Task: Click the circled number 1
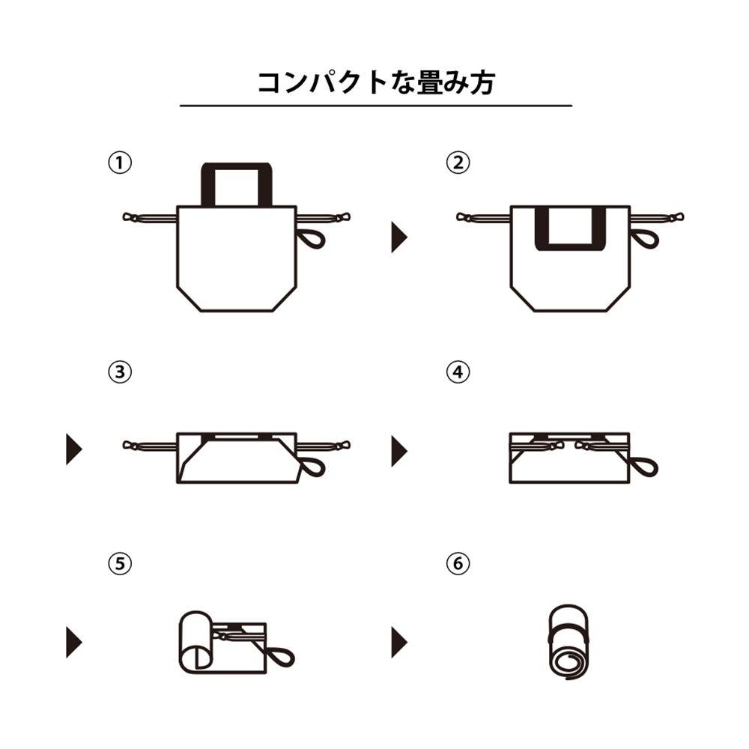pos(120,163)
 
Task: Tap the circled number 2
pos(458,163)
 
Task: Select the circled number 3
pos(120,372)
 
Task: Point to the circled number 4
pos(458,372)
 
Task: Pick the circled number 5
pos(120,564)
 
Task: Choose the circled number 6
pos(458,564)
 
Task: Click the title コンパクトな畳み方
pos(376,82)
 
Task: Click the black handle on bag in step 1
pos(207,184)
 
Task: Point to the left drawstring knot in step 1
pos(130,217)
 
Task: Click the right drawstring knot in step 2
pos(676,217)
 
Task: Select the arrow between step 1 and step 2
pos(399,237)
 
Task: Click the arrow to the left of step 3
pos(73,449)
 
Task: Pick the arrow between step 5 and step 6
pos(399,642)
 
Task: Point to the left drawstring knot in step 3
pos(130,446)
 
